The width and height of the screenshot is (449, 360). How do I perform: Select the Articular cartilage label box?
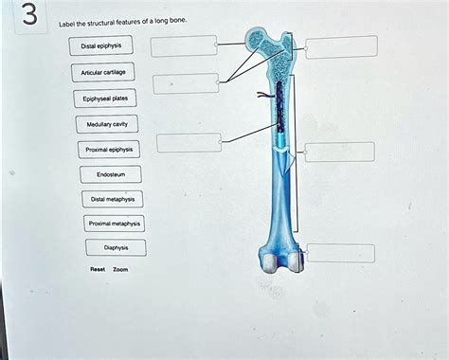click(x=107, y=72)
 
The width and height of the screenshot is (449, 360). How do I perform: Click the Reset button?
click(x=98, y=269)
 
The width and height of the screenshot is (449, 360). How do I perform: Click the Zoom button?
click(x=120, y=269)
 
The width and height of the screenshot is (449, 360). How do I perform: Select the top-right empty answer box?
click(x=341, y=46)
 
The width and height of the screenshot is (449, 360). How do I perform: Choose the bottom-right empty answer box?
click(x=333, y=253)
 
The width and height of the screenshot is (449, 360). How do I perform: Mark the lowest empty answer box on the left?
click(x=189, y=143)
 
